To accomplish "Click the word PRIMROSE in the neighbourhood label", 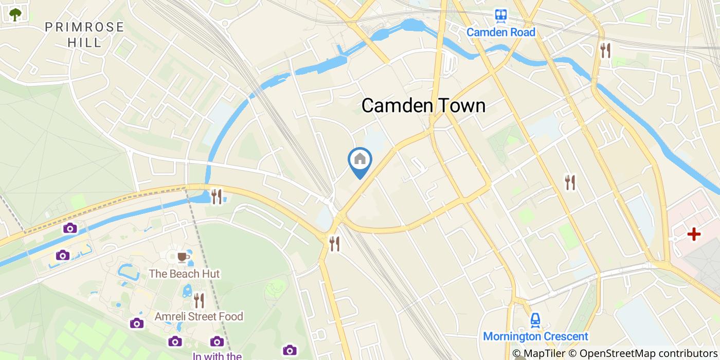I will pyautogui.click(x=84, y=27).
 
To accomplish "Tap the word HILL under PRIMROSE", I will pyautogui.click(x=84, y=42).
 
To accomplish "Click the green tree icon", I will pyautogui.click(x=15, y=14).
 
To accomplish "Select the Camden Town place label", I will pyautogui.click(x=423, y=105).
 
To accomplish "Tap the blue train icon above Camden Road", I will pyautogui.click(x=501, y=16).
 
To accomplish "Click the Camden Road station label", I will pyautogui.click(x=501, y=32).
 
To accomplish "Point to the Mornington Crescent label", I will pyautogui.click(x=535, y=337).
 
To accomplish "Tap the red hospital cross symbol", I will pyautogui.click(x=694, y=235).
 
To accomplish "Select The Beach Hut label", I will pyautogui.click(x=184, y=274).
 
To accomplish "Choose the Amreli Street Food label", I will pyautogui.click(x=199, y=316).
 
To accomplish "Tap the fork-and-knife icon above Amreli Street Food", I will pyautogui.click(x=199, y=300).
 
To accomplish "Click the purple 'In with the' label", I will pyautogui.click(x=217, y=355).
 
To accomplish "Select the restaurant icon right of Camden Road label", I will pyautogui.click(x=605, y=50).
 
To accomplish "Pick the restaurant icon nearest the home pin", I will pyautogui.click(x=335, y=243).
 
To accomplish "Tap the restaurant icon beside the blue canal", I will pyautogui.click(x=217, y=196).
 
